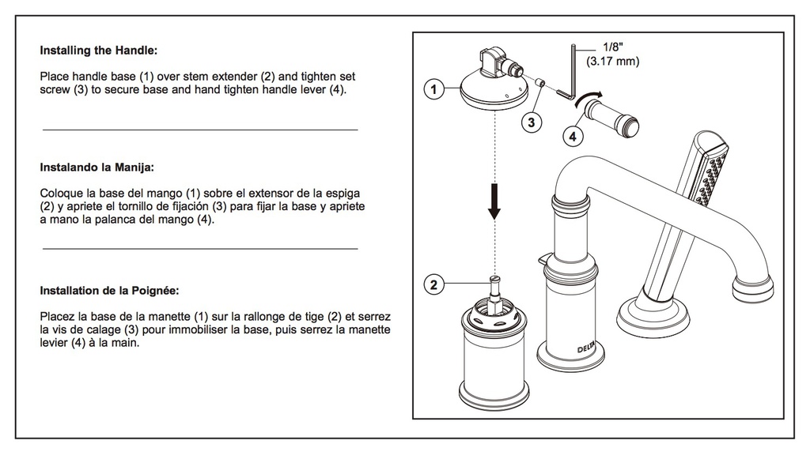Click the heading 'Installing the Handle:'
click(x=99, y=51)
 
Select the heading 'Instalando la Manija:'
click(x=97, y=167)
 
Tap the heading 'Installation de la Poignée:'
click(x=109, y=291)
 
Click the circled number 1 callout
click(x=433, y=89)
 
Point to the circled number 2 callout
click(x=433, y=284)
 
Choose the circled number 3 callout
click(x=531, y=122)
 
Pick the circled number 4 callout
click(x=573, y=136)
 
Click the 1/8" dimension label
click(x=613, y=47)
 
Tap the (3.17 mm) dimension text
click(x=613, y=62)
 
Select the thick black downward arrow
click(x=494, y=201)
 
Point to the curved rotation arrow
click(x=589, y=97)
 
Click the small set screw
click(x=539, y=83)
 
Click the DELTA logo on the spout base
click(x=586, y=348)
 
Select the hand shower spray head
click(x=711, y=168)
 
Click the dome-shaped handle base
click(x=494, y=89)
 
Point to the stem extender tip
click(x=495, y=280)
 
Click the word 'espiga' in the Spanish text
click(x=343, y=194)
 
